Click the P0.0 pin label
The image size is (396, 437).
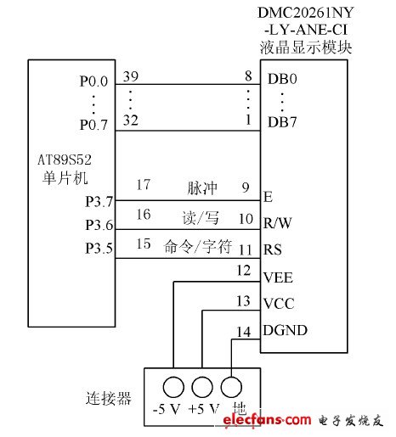point(93,82)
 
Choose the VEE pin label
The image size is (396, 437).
point(278,277)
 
